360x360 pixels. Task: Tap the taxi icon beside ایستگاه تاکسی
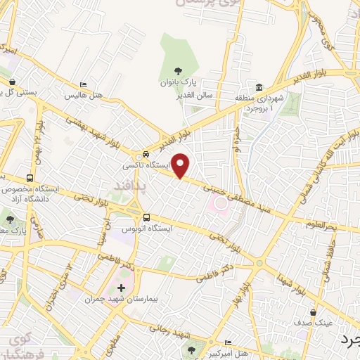pos(146,154)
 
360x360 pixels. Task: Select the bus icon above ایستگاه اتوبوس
pos(147,217)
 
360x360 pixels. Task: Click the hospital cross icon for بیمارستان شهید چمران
pos(122,288)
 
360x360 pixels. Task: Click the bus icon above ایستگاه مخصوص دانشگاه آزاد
pos(30,178)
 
